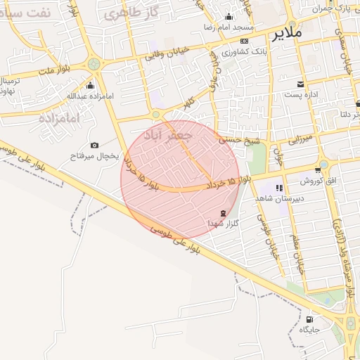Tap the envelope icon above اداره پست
click(301, 84)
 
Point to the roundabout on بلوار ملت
click(94, 65)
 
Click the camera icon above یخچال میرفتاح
click(91, 145)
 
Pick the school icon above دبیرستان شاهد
click(279, 188)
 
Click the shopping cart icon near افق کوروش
click(319, 170)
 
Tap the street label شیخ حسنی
click(239, 140)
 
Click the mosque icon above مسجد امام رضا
click(229, 17)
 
